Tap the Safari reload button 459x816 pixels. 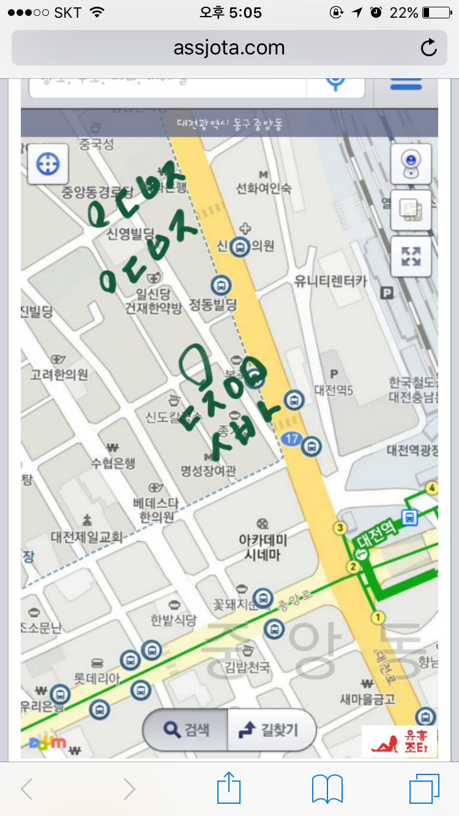click(429, 48)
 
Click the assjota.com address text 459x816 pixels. click(229, 48)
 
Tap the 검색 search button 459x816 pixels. click(186, 729)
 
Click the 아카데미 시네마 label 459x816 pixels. click(263, 547)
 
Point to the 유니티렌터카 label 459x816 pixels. click(330, 281)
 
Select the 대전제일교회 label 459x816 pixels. click(87, 537)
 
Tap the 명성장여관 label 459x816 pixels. click(208, 470)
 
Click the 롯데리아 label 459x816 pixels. click(97, 678)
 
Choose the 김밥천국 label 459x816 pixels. click(247, 666)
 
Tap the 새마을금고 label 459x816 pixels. click(368, 698)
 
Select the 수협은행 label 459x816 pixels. click(113, 463)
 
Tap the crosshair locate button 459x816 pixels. click(48, 164)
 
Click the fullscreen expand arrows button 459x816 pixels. click(411, 256)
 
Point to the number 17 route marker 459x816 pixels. click(291, 438)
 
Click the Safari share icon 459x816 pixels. click(229, 788)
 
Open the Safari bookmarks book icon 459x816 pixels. click(327, 788)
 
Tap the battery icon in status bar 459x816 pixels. click(436, 12)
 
